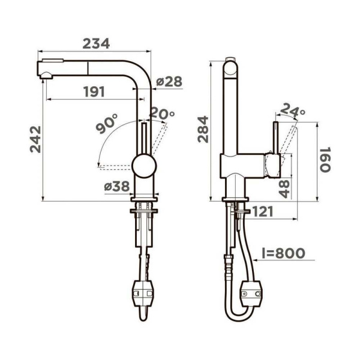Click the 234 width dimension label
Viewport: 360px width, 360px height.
pos(96,44)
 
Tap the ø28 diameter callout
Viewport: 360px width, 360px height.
pos(169,82)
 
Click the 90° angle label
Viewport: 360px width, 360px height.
pos(106,125)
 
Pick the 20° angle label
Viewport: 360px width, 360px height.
pos(162,113)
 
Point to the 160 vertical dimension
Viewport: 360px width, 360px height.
pos(324,160)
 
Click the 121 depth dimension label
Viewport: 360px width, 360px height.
pos(264,212)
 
